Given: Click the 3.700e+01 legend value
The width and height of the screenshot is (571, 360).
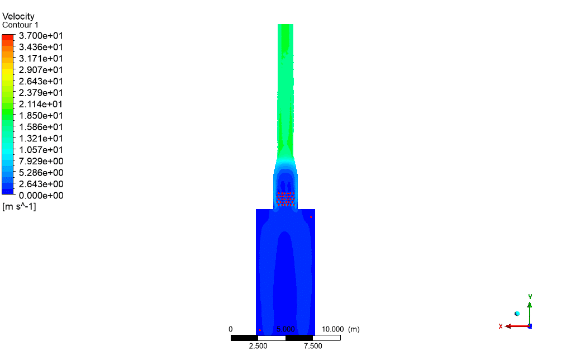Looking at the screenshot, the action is point(41,36).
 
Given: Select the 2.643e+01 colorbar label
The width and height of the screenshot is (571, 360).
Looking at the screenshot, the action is point(41,81).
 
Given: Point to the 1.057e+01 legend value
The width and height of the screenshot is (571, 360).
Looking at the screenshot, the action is point(41,150).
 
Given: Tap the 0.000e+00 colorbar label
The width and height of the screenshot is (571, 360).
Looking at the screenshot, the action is point(41,195).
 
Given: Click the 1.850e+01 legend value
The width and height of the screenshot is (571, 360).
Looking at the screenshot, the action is point(41,116).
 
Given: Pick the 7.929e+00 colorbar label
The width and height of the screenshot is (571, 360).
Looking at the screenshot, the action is point(41,161).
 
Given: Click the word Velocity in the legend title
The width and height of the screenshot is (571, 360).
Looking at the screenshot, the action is point(18,17).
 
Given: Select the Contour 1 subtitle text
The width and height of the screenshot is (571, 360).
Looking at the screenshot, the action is point(20,25).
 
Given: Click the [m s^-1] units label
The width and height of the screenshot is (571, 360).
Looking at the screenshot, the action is point(19,207).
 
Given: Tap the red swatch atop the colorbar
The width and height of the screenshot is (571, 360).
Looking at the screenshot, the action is point(8,37).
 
